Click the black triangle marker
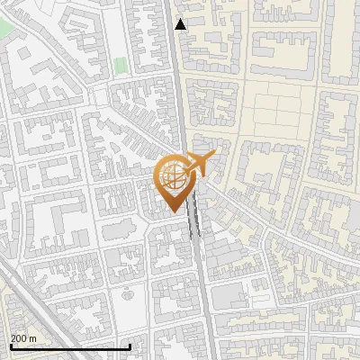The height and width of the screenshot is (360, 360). coord(181,24)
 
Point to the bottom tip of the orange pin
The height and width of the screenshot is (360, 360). coord(174,211)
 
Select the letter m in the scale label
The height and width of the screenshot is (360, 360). coord(33,338)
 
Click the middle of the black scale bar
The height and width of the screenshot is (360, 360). coord(69,346)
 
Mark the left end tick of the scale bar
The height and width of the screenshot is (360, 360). coord(10,346)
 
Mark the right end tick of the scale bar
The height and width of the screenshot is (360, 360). coord(130,346)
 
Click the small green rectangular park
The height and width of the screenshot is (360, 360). coord(120,67)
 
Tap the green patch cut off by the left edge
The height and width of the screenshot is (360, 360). coord(4,27)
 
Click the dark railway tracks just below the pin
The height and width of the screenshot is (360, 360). coord(193,225)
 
